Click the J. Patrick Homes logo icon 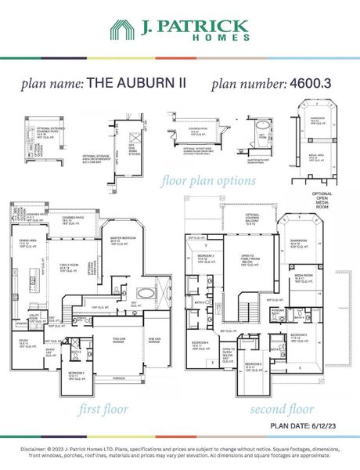tap(122, 30)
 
